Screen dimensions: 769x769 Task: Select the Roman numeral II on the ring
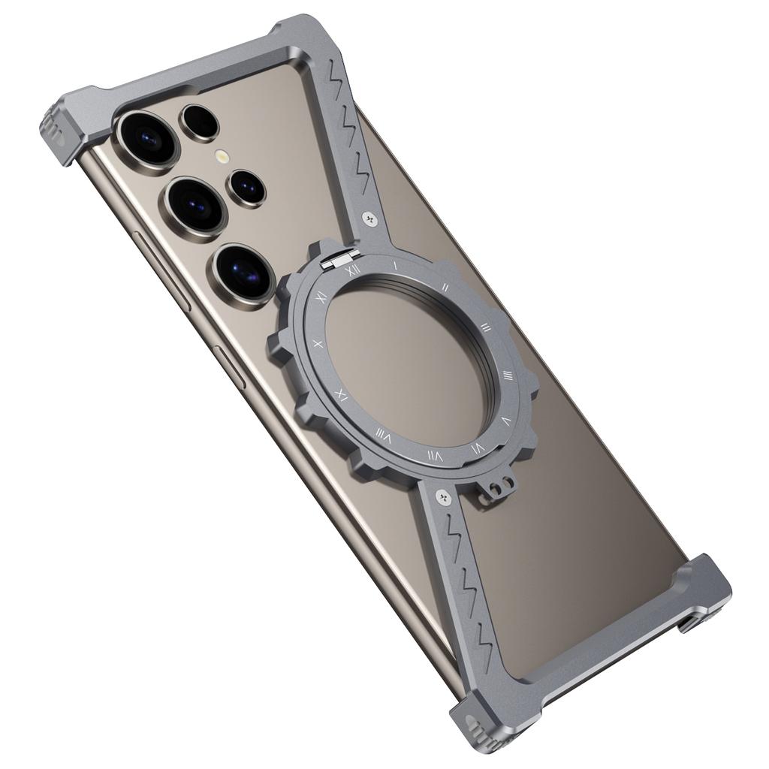[445, 287]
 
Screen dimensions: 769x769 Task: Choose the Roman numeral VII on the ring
[434, 456]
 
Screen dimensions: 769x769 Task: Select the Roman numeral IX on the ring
[342, 394]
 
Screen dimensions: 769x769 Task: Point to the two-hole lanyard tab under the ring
[493, 489]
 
